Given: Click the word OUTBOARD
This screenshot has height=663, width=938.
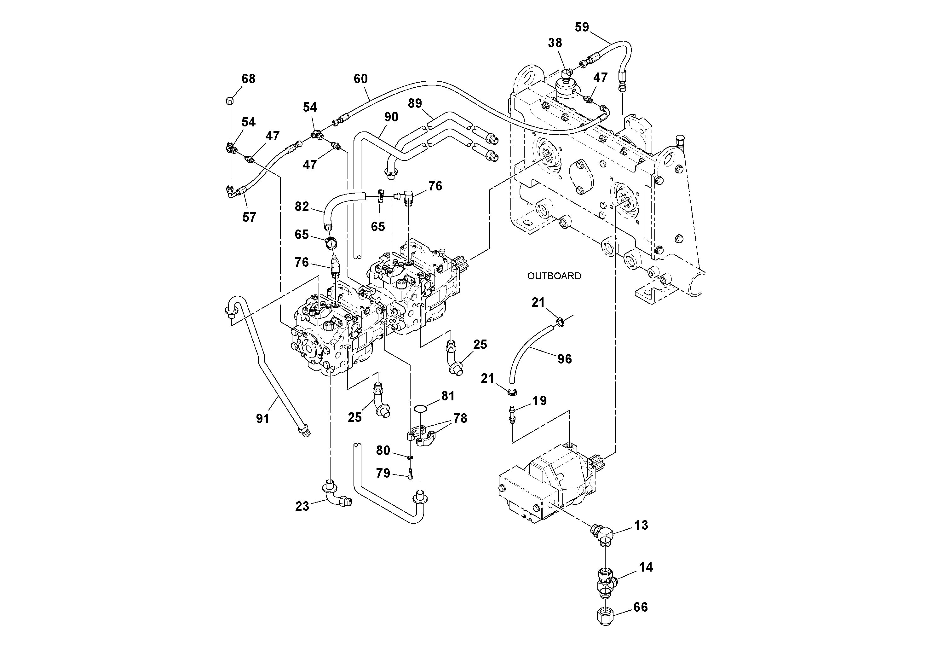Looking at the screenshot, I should [554, 276].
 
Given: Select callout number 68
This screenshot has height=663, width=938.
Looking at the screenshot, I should [248, 79].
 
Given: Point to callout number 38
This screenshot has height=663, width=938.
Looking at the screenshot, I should [555, 43].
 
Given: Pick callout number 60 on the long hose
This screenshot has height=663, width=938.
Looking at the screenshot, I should [360, 79].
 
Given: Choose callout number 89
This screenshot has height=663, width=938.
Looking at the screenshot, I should [415, 103].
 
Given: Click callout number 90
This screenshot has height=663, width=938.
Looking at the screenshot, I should [391, 117].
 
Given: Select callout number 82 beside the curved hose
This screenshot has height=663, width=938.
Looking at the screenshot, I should [302, 207].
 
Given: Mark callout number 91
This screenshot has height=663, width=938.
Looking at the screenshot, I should [263, 419].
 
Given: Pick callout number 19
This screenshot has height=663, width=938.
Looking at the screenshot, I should [540, 401].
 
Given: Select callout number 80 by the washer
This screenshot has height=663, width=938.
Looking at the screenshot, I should [383, 451].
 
